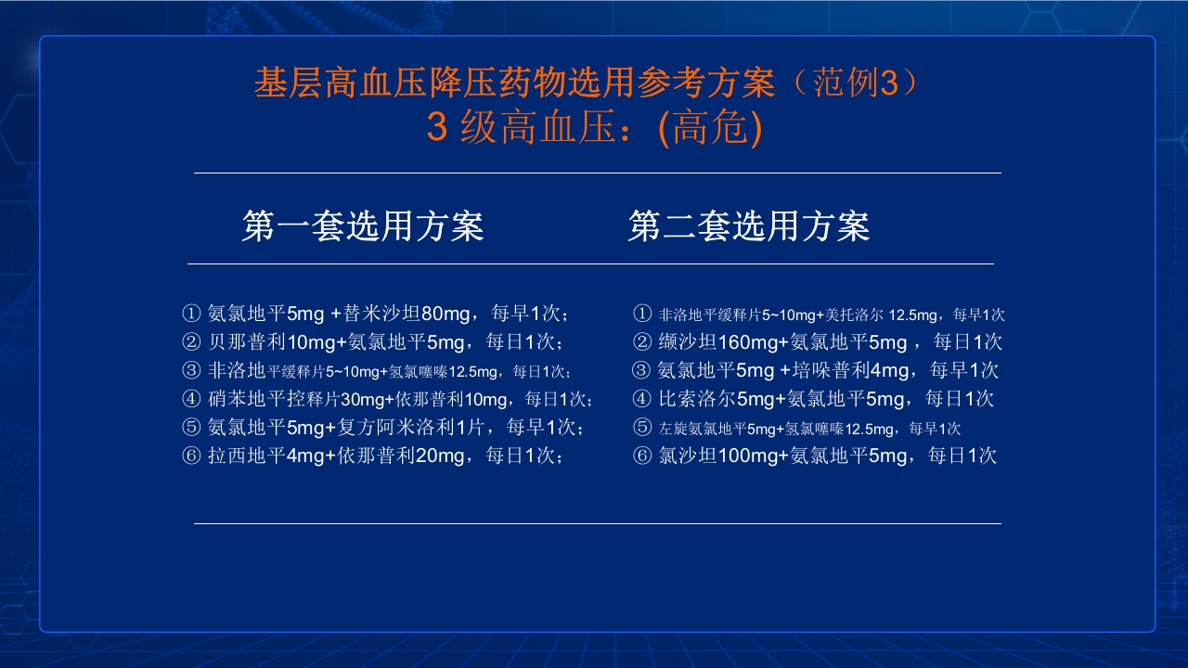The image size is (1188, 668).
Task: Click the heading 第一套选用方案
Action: (363, 226)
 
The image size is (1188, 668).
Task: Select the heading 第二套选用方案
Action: (748, 226)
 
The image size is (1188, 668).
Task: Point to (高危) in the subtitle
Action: (710, 129)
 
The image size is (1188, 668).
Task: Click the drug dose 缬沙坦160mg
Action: (717, 342)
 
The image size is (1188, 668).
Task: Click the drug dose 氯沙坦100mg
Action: (717, 456)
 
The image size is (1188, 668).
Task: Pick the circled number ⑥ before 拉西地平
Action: (192, 456)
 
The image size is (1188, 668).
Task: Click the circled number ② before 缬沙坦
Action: (642, 342)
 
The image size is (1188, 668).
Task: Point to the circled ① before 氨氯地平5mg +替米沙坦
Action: (192, 314)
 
